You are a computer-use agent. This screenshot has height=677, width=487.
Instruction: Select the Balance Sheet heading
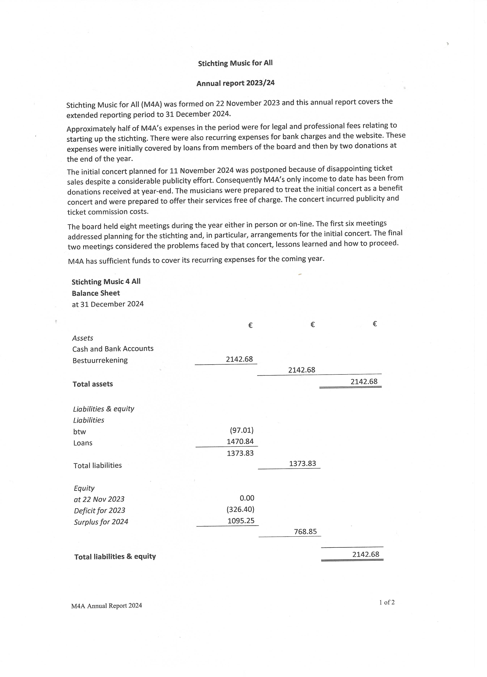[x=96, y=293]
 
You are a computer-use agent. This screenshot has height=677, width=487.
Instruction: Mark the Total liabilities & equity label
[x=115, y=556]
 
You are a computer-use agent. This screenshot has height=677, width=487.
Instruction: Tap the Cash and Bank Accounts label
[x=113, y=349]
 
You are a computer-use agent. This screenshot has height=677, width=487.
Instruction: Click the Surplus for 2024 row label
[x=101, y=522]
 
